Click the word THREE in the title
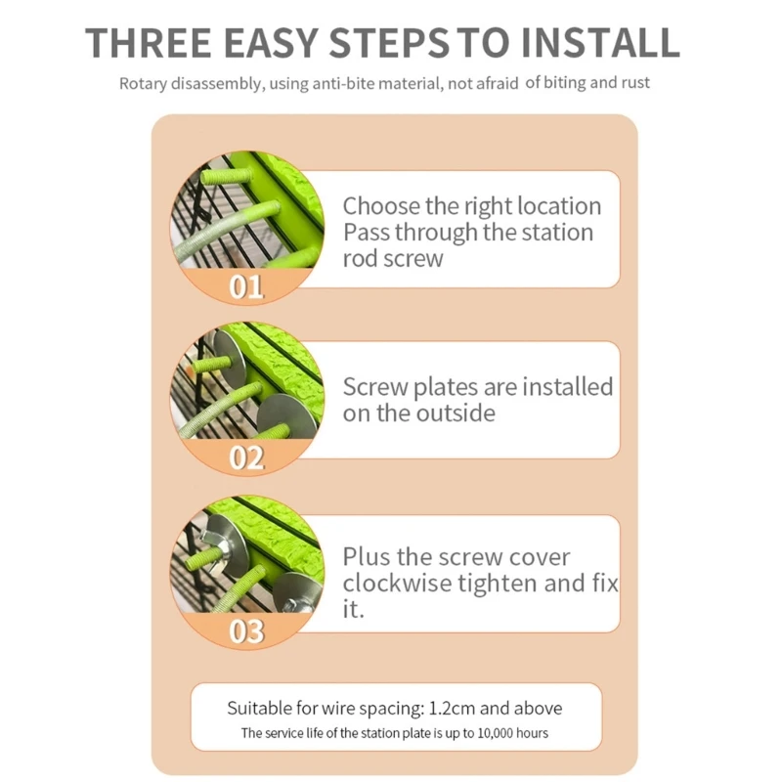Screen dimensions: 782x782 click(x=149, y=43)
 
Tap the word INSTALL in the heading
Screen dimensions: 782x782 click(x=600, y=43)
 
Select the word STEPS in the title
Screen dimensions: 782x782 click(x=389, y=43)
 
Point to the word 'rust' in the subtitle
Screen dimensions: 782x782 click(x=636, y=82)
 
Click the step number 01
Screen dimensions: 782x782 click(x=246, y=286)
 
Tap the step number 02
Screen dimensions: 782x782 click(x=246, y=457)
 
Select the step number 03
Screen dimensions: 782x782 click(x=246, y=631)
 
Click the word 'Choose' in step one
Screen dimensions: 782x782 click(x=381, y=205)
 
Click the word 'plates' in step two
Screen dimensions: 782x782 click(x=446, y=388)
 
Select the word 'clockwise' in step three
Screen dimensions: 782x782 click(x=397, y=583)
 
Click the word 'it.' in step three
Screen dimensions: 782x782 click(x=353, y=609)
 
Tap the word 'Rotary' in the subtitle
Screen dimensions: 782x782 click(x=143, y=84)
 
